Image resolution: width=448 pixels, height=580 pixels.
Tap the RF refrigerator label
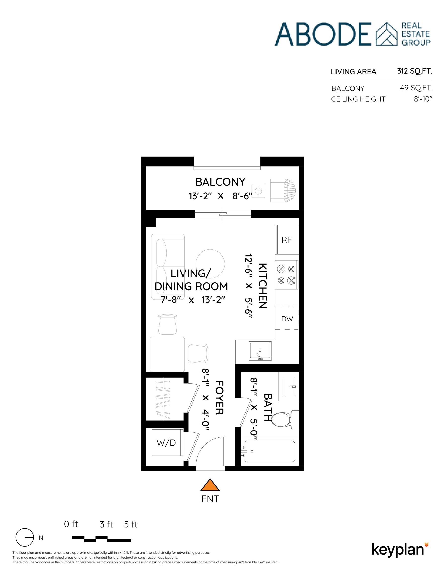286,240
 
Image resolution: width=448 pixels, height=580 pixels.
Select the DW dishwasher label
287,319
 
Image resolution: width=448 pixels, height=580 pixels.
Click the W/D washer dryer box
167,443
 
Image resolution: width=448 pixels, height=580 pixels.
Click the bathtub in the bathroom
270,451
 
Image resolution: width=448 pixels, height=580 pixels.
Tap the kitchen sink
260,351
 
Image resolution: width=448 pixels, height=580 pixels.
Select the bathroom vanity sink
289,387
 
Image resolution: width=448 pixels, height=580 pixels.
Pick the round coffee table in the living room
210,264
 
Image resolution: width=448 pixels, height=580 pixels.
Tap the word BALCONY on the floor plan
220,182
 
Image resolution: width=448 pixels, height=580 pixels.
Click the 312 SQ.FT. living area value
415,71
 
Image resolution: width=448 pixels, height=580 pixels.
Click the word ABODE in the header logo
323,34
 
